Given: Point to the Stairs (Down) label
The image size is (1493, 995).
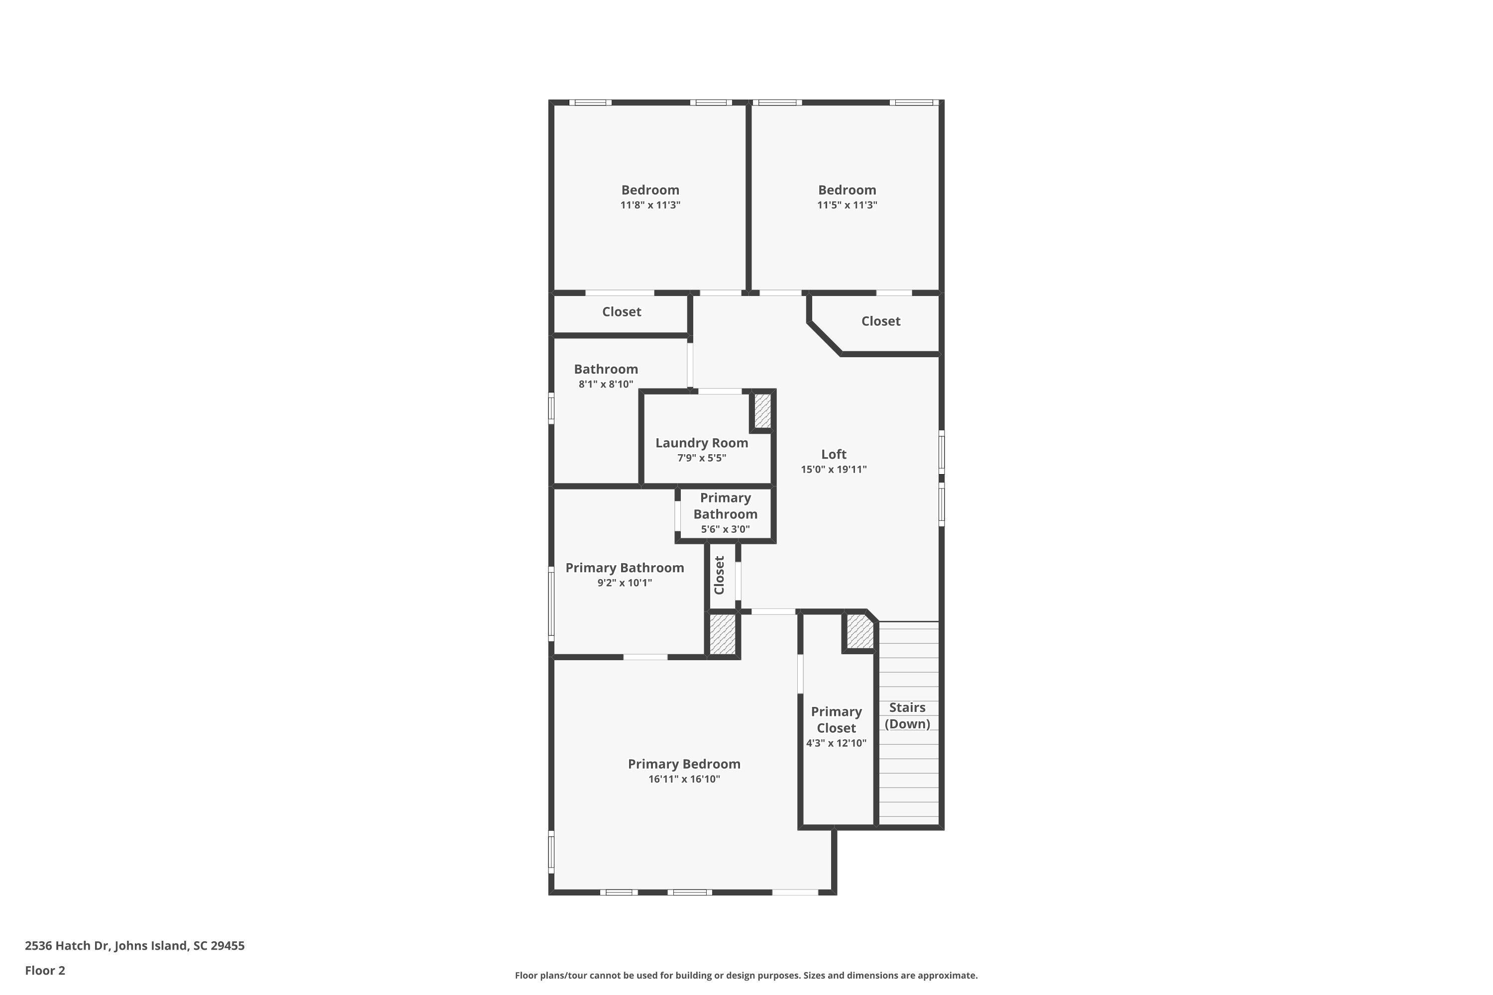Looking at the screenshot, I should pyautogui.click(x=907, y=715).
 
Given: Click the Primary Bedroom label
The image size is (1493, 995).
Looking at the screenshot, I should pyautogui.click(x=684, y=764).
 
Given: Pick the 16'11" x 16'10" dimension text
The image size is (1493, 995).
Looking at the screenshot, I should pyautogui.click(x=684, y=779).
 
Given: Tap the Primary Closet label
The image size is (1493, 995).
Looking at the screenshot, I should pyautogui.click(x=836, y=719).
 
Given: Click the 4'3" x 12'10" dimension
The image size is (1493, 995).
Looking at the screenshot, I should pyautogui.click(x=836, y=743).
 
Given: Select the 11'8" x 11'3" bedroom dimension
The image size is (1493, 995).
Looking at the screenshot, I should pyautogui.click(x=650, y=205).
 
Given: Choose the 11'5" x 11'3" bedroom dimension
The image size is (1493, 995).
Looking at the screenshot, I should pyautogui.click(x=847, y=205).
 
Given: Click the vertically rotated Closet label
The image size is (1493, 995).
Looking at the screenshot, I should pyautogui.click(x=719, y=575).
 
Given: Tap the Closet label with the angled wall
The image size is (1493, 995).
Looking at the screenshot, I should pyautogui.click(x=880, y=321).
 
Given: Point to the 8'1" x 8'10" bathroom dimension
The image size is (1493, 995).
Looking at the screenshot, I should pyautogui.click(x=606, y=384).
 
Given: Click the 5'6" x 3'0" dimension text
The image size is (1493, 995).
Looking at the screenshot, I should pyautogui.click(x=725, y=529).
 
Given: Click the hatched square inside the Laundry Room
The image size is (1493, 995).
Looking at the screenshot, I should pyautogui.click(x=762, y=410).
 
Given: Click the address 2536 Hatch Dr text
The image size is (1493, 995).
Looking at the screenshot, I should pyautogui.click(x=134, y=946).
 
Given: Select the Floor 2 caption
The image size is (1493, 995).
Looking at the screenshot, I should pyautogui.click(x=45, y=970).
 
